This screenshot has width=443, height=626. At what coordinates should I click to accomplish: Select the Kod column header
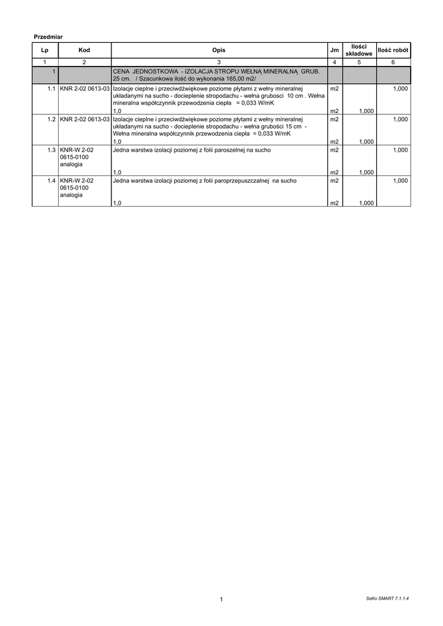pos(84,50)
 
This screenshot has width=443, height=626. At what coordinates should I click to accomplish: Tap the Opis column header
pos(218,50)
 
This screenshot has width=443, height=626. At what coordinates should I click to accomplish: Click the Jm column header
pos(334,50)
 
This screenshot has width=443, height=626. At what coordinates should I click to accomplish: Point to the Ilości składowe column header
pos(359,50)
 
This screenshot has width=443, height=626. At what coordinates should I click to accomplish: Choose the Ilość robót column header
pos(393,50)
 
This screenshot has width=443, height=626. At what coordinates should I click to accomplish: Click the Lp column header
pos(45,50)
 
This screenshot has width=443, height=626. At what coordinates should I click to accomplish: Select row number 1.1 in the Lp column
pos(51,89)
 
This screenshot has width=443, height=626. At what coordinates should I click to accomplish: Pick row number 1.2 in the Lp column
pos(51,119)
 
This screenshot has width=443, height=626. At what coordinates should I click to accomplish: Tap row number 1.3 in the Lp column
pos(51,150)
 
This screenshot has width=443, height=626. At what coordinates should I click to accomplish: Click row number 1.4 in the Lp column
pos(51,181)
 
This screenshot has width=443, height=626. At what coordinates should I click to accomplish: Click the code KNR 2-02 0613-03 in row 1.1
pos(85,89)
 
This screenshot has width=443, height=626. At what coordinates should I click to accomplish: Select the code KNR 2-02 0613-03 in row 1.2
pos(85,119)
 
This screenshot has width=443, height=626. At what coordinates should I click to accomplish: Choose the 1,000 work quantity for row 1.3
pos(400,150)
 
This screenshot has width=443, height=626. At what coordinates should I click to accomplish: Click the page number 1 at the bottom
pos(221,599)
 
